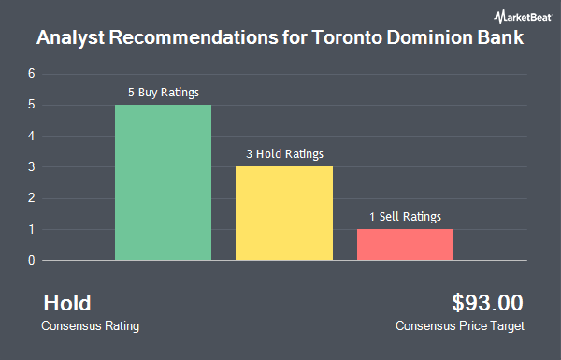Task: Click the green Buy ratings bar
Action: coord(163,182)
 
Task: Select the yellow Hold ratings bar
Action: coord(284,213)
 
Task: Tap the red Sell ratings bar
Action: coord(405,244)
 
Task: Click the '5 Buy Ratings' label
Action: coord(164,93)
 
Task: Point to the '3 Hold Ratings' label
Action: coord(284,154)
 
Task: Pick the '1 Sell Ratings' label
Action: coord(405,216)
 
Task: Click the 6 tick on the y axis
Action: coord(32,73)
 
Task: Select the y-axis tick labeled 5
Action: coord(32,105)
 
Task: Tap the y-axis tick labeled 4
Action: coord(32,136)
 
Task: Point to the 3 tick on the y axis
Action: coord(32,166)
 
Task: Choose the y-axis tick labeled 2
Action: coord(32,198)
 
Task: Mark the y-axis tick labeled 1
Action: coord(32,229)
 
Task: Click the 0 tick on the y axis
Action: coord(32,260)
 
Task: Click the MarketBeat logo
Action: coord(519,16)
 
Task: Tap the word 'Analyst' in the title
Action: coord(69,40)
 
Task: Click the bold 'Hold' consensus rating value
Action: coord(67,303)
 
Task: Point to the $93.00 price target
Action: coord(487,303)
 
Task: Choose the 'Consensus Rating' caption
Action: coord(91,326)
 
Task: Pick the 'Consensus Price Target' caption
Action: coord(460,326)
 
